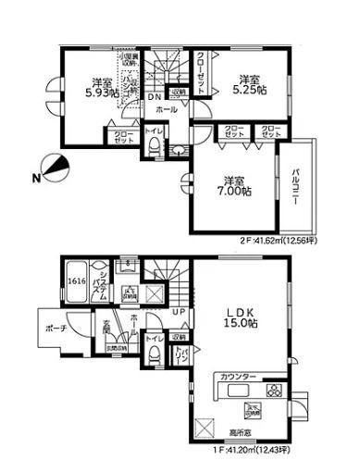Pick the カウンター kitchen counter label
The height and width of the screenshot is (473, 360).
point(239,378)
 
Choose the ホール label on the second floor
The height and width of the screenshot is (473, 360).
point(167,110)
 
